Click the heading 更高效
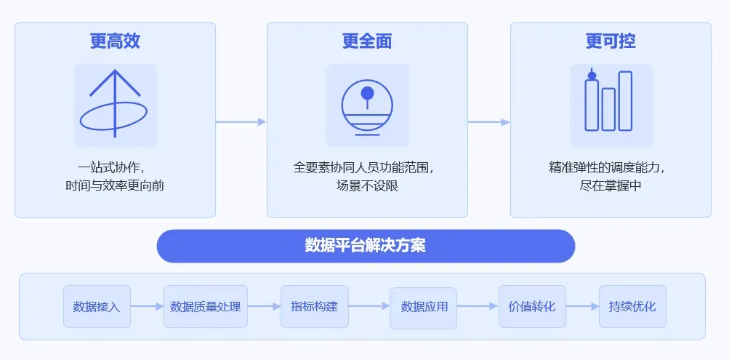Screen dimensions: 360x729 pyautogui.click(x=115, y=41)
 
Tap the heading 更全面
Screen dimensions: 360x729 pyautogui.click(x=367, y=41)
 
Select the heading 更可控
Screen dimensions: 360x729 pyautogui.click(x=611, y=41)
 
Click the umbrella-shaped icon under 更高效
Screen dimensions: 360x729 pyautogui.click(x=115, y=105)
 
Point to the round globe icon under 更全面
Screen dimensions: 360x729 pyautogui.click(x=367, y=105)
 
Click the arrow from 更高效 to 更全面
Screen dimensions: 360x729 pyautogui.click(x=241, y=121)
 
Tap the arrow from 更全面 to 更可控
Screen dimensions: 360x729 pyautogui.click(x=488, y=121)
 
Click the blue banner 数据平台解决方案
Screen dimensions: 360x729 pyautogui.click(x=366, y=246)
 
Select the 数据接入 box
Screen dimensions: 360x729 pyautogui.click(x=97, y=306)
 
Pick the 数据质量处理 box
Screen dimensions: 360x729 pyautogui.click(x=206, y=306)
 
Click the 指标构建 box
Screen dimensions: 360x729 pyautogui.click(x=314, y=306)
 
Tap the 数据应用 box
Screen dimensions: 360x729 pyautogui.click(x=424, y=306)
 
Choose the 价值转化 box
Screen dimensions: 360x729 pyautogui.click(x=532, y=306)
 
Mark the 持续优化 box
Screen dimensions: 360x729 pyautogui.click(x=632, y=306)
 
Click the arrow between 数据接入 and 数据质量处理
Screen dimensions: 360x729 pyautogui.click(x=147, y=306)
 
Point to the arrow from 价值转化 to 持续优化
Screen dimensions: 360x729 pyautogui.click(x=582, y=306)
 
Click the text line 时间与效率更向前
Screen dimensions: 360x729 pyautogui.click(x=115, y=185)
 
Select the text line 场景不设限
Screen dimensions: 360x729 pyautogui.click(x=367, y=185)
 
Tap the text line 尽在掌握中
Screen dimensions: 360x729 pyautogui.click(x=611, y=185)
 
